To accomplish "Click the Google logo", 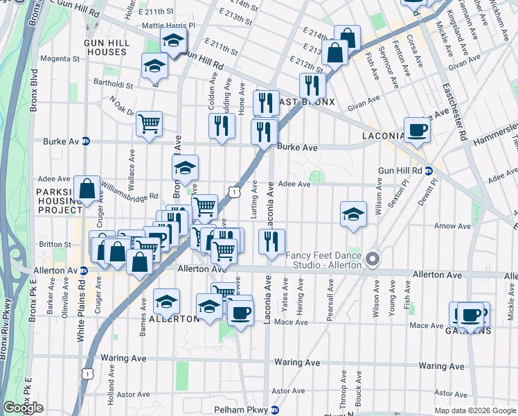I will [23, 408].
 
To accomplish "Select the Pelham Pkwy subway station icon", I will [275, 410].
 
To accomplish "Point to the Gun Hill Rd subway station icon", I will [429, 171].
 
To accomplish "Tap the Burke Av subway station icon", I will [86, 141].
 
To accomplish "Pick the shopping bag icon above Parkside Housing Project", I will [87, 189].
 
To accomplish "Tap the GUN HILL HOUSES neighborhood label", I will [105, 47].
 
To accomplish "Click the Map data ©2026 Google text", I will [475, 410].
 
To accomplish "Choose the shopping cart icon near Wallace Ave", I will [150, 125].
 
